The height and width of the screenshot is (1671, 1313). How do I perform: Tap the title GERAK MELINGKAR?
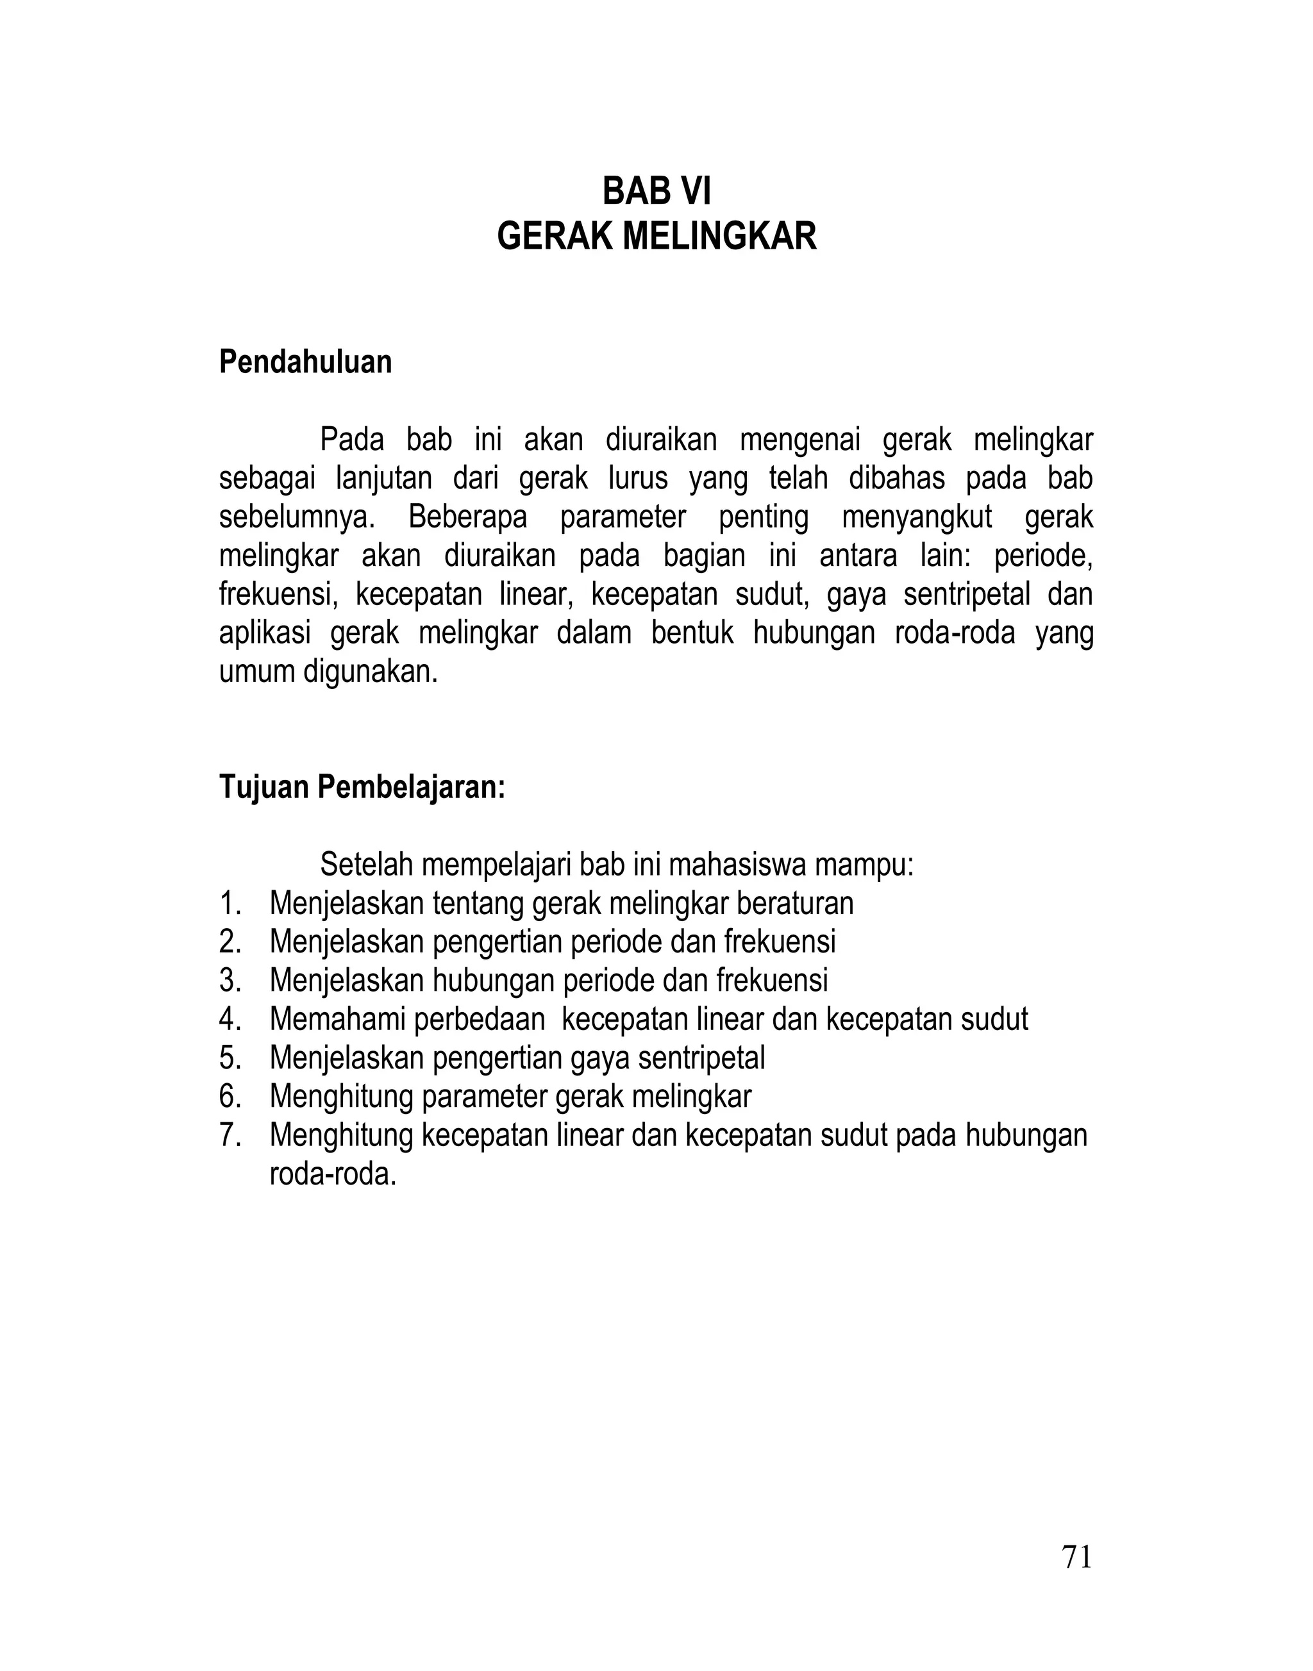(656, 236)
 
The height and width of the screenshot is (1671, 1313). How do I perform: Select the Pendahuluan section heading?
(305, 362)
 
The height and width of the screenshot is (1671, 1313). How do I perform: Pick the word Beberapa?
(467, 517)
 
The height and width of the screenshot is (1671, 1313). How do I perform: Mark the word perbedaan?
(479, 1019)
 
